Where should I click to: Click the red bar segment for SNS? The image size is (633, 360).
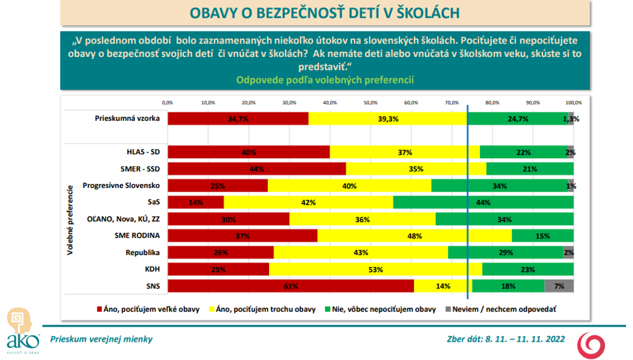point(291,286)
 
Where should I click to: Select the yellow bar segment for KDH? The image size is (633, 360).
point(375,270)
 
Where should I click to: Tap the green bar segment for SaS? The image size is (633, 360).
point(483,202)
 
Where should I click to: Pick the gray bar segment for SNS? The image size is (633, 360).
point(559,286)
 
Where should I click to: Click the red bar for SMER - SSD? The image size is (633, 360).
point(256,169)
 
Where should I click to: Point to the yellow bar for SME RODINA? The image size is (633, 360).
point(414,236)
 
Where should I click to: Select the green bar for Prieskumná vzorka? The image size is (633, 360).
point(517,119)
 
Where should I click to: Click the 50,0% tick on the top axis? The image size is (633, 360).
point(370,102)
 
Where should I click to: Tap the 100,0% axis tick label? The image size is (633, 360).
point(573,102)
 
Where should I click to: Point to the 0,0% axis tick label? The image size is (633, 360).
point(168,102)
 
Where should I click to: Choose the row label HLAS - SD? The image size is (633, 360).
point(142,152)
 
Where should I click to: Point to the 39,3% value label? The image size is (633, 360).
point(387,119)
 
